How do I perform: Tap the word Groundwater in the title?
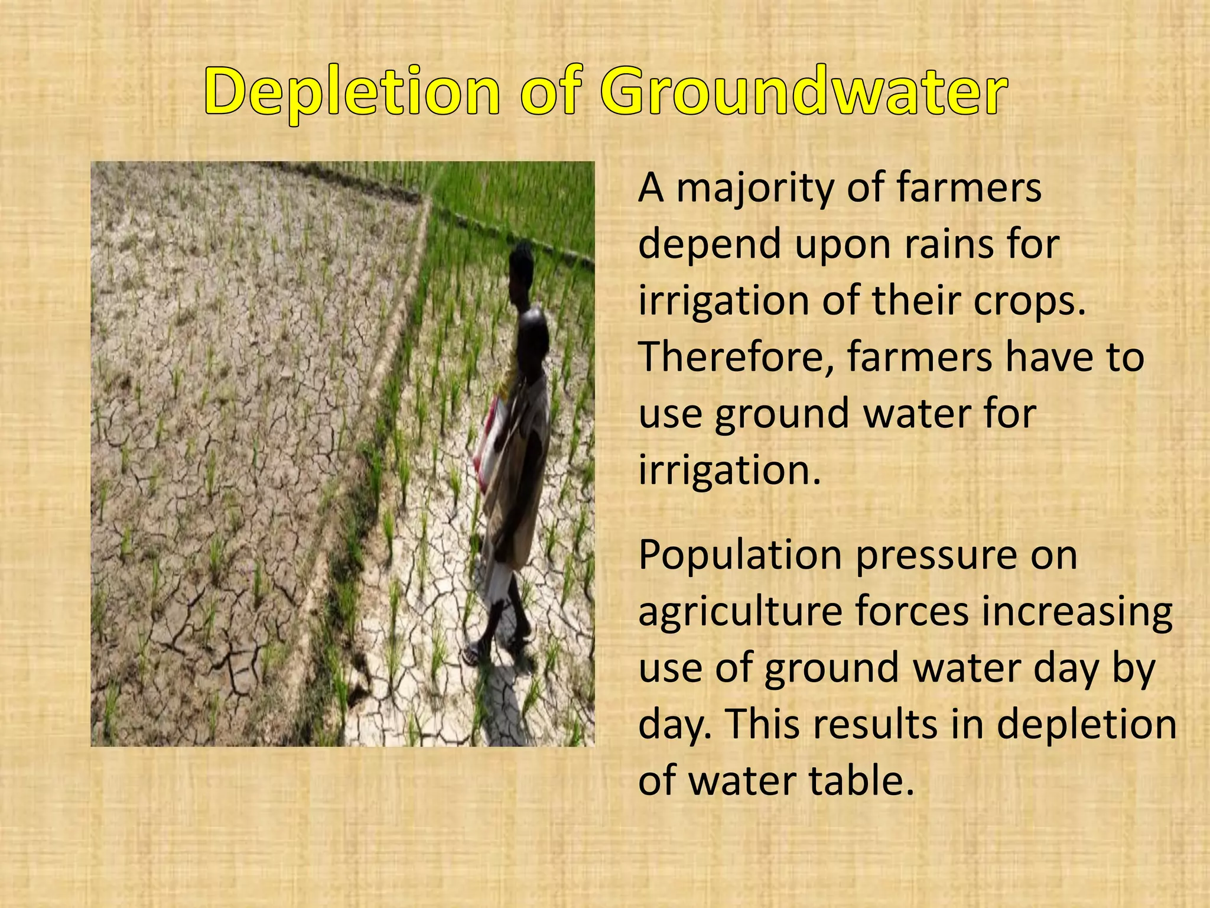point(804,92)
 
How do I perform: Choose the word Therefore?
point(736,356)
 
